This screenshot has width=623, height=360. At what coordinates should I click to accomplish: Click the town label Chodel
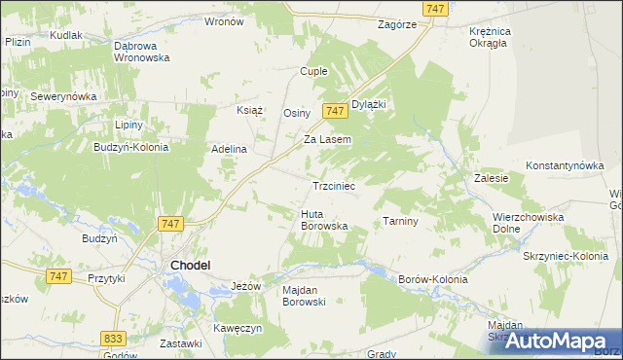(192, 265)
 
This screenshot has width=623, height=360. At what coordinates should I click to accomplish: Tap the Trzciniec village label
(338, 185)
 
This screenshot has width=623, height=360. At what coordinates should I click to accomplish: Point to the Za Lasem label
(327, 139)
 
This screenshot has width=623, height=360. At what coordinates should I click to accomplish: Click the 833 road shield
(112, 337)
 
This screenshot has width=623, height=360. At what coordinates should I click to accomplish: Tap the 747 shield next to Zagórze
(437, 9)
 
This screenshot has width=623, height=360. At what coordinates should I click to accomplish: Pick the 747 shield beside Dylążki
(335, 111)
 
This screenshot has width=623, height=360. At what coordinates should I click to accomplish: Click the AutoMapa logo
(555, 341)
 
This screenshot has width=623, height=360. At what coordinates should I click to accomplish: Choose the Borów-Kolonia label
(433, 279)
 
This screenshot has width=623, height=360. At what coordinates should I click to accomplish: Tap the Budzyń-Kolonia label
(130, 148)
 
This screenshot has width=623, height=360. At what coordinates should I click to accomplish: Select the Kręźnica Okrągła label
(496, 36)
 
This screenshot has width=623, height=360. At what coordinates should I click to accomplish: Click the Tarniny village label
(400, 221)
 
